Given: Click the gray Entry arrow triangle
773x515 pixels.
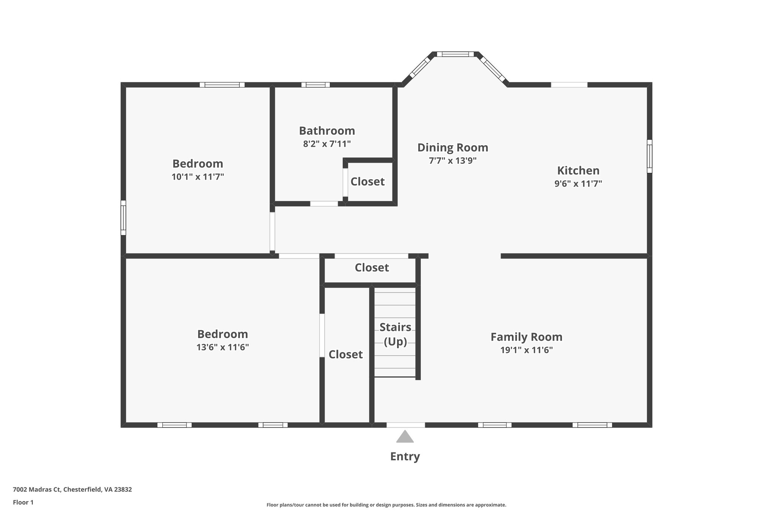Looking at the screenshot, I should tap(405, 437).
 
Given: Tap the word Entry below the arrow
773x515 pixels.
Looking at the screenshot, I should tap(405, 457).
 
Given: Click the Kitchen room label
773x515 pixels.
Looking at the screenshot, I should tap(578, 171).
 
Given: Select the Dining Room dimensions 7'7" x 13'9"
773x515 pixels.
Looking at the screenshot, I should tap(453, 160).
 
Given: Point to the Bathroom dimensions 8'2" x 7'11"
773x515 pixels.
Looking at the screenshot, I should tap(327, 144).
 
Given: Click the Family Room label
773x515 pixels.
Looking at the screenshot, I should tap(526, 337).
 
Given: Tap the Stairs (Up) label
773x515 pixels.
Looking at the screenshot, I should tap(395, 334).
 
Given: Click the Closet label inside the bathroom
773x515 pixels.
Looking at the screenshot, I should tap(367, 181).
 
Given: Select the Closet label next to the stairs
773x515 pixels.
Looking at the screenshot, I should tap(345, 354).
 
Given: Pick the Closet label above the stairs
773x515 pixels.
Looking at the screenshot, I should tap(371, 267).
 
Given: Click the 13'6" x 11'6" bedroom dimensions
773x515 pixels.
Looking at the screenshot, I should tap(222, 347).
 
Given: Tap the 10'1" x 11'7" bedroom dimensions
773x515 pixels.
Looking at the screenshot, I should tap(198, 177).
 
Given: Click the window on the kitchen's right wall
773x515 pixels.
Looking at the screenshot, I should tap(650, 156).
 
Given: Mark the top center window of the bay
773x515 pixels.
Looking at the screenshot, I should tap(455, 54).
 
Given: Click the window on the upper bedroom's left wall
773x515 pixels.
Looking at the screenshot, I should tap(123, 218).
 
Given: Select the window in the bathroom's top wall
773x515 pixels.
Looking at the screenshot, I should tap(316, 85).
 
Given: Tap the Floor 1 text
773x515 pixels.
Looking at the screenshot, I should tap(23, 502).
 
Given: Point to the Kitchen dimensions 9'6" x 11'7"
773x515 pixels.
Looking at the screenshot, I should tap(578, 184).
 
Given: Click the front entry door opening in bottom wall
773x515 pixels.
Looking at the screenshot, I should tap(405, 425).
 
